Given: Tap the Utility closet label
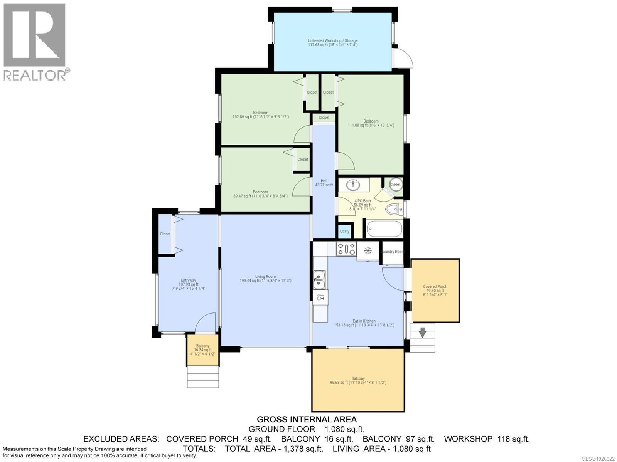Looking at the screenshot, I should point(344,231).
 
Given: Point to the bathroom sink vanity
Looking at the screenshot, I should point(353,185).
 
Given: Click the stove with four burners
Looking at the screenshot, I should point(346,249).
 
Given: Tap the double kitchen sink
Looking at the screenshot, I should point(319,279).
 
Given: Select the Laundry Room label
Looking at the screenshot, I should point(393,252).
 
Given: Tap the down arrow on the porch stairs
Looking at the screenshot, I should point(422,332).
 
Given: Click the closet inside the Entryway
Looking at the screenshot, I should point(165,234).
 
